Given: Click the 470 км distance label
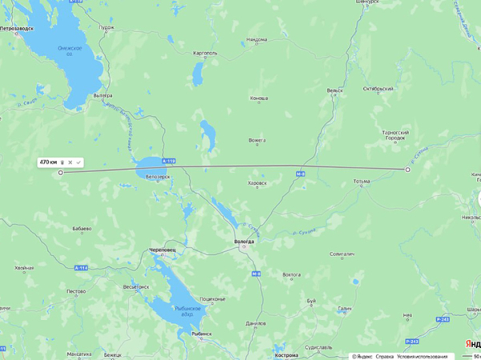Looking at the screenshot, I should (x=49, y=162).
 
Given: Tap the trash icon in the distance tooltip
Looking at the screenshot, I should (x=63, y=162).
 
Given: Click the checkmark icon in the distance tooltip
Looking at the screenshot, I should (x=79, y=162).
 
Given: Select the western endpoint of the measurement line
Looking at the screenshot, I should (x=60, y=172).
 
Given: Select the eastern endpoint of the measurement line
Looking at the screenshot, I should (x=407, y=170).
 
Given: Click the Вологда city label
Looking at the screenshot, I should (x=243, y=241).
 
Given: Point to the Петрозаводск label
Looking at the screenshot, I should (x=20, y=28).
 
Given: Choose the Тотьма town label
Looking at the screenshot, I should (x=362, y=181).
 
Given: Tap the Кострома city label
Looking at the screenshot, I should (x=285, y=354).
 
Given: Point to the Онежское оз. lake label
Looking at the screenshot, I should (x=70, y=50).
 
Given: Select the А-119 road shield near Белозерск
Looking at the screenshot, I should (x=168, y=161).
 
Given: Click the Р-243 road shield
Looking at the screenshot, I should (x=443, y=319).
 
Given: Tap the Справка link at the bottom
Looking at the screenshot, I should (x=386, y=355).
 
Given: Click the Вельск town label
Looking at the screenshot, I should (x=334, y=91).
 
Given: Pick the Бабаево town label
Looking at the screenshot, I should (x=81, y=229).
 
